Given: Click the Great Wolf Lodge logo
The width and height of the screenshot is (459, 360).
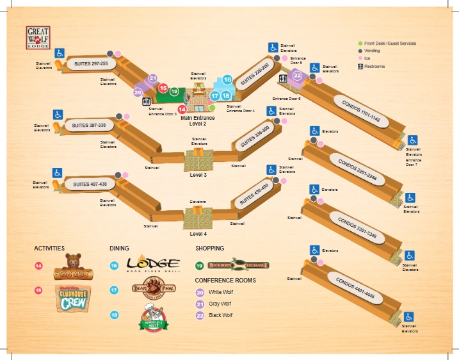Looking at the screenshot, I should point(38,38).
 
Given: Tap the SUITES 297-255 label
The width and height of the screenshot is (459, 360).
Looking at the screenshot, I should point(95,64).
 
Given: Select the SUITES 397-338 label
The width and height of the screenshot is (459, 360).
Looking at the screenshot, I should point(89,125).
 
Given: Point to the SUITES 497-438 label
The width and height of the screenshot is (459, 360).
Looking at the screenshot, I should point(90,184).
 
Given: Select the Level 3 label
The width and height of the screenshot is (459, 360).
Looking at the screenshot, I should point(198,175).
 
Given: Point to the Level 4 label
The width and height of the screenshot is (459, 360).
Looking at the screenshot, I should point(198,234).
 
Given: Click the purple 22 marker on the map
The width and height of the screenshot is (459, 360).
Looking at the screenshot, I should point(297,76).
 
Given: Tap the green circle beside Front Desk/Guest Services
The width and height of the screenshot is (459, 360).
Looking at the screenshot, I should point(360,44).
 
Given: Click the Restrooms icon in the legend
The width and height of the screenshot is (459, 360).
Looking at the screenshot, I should point(360,66).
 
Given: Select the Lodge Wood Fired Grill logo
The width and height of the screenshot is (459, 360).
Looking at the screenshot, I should point(152,264).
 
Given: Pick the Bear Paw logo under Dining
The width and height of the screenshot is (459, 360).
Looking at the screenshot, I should point(149,290).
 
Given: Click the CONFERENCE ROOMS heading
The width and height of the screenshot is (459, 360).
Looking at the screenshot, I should point(225,280).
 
